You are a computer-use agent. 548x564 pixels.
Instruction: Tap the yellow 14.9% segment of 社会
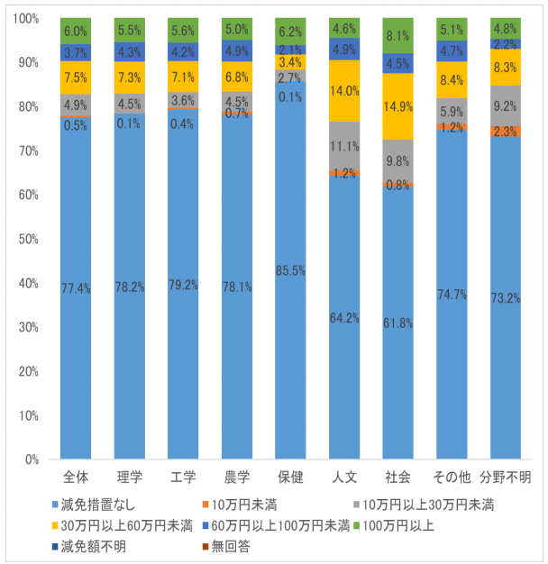pos(398,106)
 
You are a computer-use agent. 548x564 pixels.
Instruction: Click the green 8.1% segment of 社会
pos(398,36)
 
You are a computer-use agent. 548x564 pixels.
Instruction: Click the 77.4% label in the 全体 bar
pos(76,287)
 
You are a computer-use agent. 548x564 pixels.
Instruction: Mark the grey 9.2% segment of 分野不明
pos(505,105)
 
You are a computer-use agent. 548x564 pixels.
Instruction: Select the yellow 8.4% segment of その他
pos(452,80)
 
